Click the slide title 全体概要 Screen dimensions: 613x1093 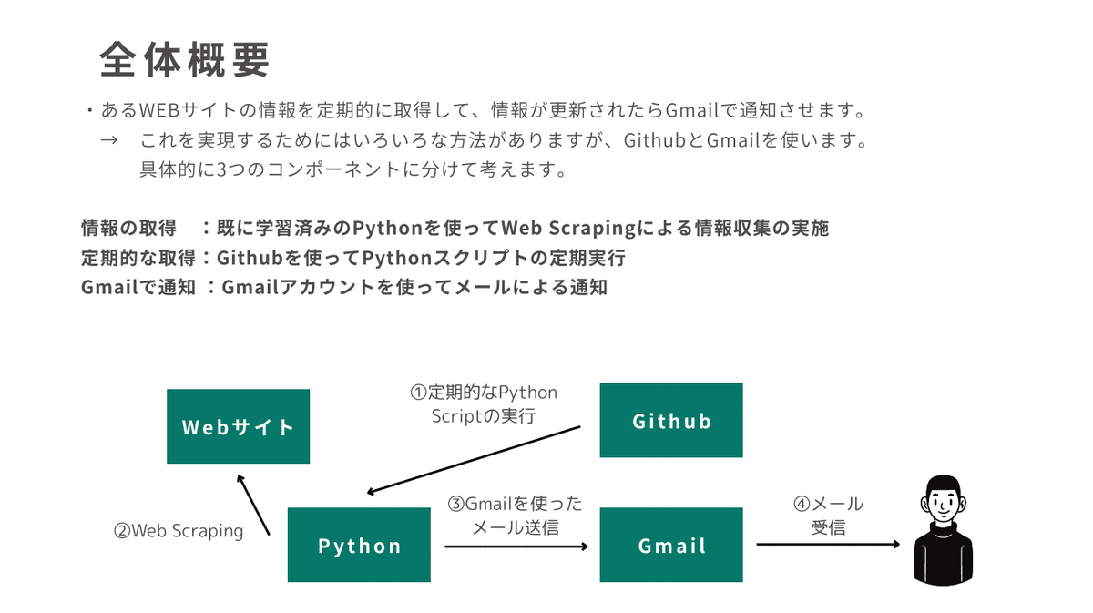185,60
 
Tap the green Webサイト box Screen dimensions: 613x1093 238,426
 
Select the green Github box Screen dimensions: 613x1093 670,420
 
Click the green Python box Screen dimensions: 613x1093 359,545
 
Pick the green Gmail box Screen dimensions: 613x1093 670,545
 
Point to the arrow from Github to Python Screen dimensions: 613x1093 474,460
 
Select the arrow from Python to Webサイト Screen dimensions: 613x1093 253,505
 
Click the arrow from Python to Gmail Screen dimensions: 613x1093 516,546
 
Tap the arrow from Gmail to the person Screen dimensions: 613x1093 828,545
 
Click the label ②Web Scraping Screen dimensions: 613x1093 179,530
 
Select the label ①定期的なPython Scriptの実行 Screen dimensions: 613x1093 483,404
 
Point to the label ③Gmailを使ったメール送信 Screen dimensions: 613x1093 515,515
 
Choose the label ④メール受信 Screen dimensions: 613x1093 828,515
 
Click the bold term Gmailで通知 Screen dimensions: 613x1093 138,288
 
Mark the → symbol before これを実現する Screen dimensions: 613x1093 109,141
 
